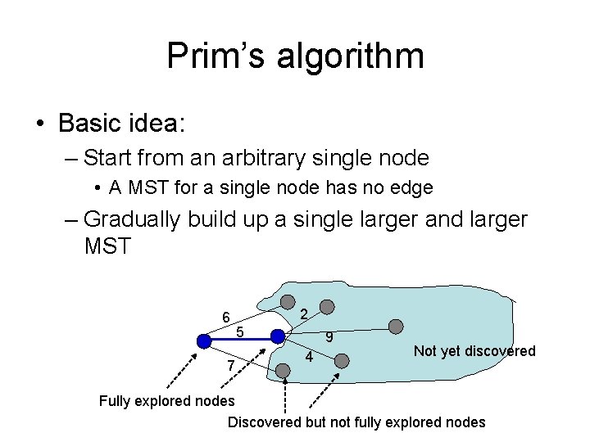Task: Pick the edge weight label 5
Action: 239,331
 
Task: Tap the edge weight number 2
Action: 304,314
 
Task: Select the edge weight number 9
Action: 328,337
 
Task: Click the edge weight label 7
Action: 231,364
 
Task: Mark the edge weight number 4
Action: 309,358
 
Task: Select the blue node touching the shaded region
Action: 278,336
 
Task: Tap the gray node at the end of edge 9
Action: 396,326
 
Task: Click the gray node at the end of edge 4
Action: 343,359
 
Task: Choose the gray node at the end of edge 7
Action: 284,371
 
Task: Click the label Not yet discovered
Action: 474,351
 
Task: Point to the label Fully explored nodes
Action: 166,401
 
